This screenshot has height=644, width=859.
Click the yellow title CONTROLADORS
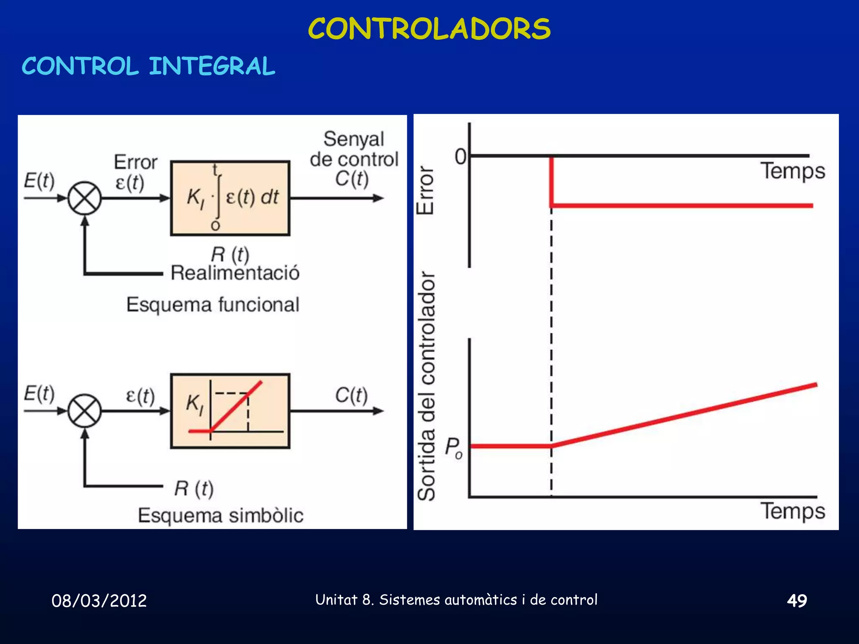pyautogui.click(x=429, y=29)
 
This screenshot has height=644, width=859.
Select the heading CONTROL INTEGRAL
pyautogui.click(x=148, y=66)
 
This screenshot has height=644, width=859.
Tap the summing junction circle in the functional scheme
pyautogui.click(x=85, y=198)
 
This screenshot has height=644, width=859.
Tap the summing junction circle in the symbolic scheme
pyautogui.click(x=85, y=411)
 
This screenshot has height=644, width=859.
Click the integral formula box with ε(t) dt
pyautogui.click(x=230, y=198)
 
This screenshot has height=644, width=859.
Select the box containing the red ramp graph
pyautogui.click(x=230, y=411)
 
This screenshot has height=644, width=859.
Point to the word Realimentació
pyautogui.click(x=235, y=273)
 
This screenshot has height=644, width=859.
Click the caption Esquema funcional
pyautogui.click(x=213, y=304)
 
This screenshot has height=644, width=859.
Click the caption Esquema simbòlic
pyautogui.click(x=221, y=515)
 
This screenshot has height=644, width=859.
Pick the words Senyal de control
pyautogui.click(x=354, y=149)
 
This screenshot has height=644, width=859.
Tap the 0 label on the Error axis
pyautogui.click(x=461, y=157)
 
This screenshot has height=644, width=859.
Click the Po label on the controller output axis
pyautogui.click(x=453, y=447)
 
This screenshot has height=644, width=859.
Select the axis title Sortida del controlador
pyautogui.click(x=427, y=386)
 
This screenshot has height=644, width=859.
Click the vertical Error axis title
pyautogui.click(x=425, y=191)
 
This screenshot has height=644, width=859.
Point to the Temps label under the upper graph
pyautogui.click(x=793, y=171)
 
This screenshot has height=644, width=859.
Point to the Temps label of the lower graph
pyautogui.click(x=793, y=511)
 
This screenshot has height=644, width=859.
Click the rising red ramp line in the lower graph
pyautogui.click(x=684, y=415)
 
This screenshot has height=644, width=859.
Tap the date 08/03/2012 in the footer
pyautogui.click(x=99, y=601)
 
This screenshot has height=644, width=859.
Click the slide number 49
pyautogui.click(x=797, y=601)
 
